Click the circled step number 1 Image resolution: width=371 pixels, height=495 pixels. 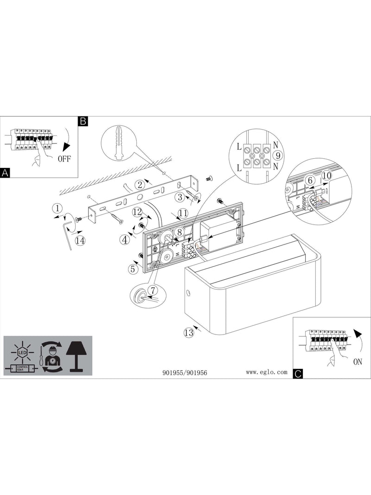coord(57,208)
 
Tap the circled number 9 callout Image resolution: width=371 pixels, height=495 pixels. coord(278,155)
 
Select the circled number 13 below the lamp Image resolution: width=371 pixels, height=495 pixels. coord(189,333)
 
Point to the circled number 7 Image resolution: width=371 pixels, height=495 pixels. coord(152,289)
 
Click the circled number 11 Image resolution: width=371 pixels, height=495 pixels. coord(183,213)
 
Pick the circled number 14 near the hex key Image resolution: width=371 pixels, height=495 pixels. coord(80,241)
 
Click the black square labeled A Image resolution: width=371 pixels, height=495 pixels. coord(5,173)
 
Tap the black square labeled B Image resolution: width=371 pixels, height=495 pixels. coord(83,121)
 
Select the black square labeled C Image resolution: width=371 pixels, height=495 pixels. coord(298,374)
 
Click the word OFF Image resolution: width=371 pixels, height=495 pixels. coord(64,159)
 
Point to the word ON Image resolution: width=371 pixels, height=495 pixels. coord(358,362)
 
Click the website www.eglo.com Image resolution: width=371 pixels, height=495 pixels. coord(267,372)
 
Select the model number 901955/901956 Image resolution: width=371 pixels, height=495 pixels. coord(185,373)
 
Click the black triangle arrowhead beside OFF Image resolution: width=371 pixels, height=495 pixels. coord(65,147)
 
